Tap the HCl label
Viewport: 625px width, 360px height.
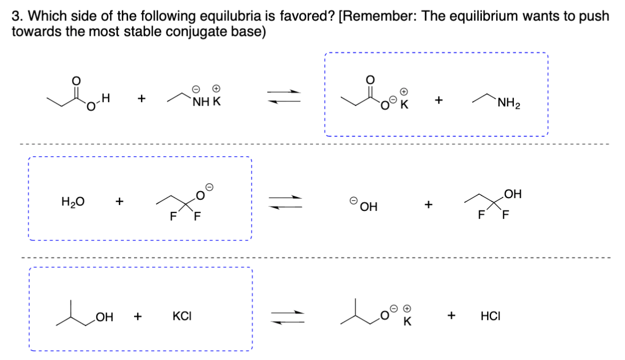490,316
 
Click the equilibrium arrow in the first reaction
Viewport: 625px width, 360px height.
284,96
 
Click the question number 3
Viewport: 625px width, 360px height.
15,15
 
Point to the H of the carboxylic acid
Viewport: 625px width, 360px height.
105,98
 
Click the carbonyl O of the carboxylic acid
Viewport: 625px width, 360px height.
76,80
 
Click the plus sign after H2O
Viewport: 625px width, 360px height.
119,202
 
